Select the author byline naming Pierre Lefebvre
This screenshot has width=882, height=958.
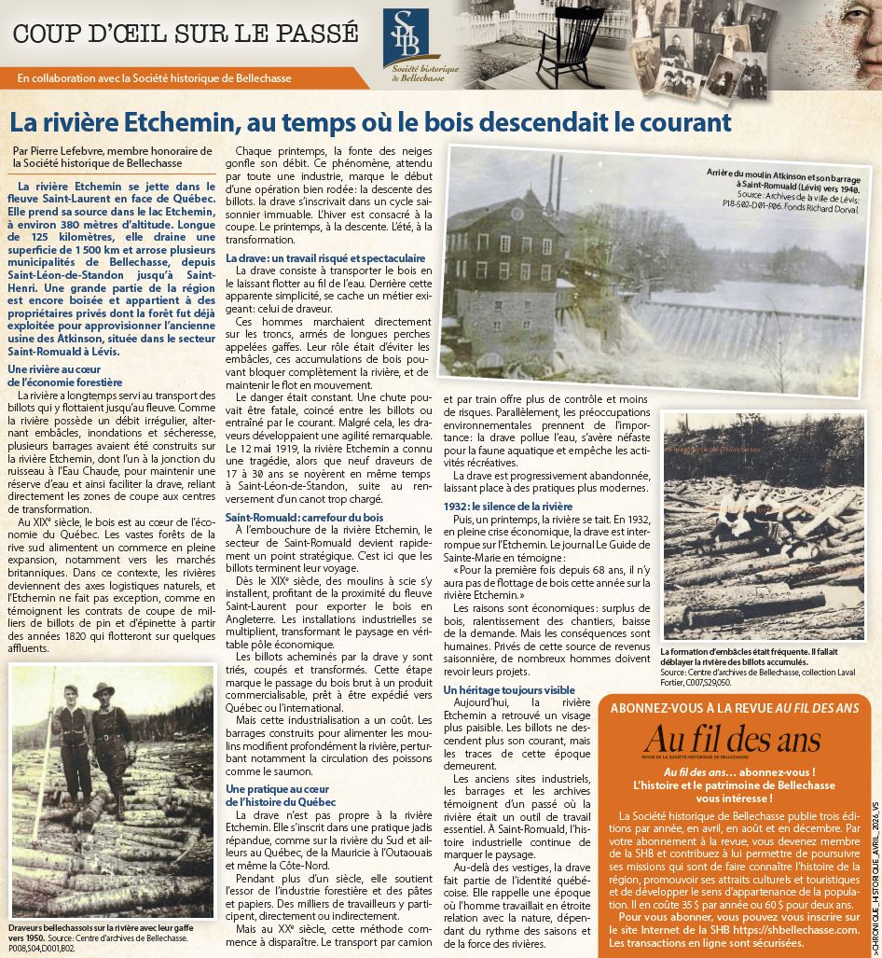coord(101,156)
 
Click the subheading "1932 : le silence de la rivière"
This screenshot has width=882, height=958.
coord(507,506)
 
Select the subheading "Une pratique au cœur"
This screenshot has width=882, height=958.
coord(278,790)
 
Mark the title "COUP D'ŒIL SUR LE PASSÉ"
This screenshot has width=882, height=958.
coord(186,34)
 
